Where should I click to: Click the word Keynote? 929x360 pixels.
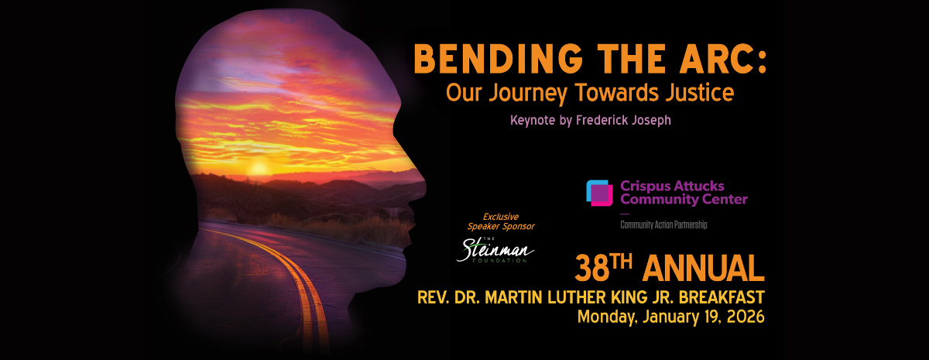pos(533,121)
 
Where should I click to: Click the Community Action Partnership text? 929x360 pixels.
pos(663,225)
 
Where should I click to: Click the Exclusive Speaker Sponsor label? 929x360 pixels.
pos(500,221)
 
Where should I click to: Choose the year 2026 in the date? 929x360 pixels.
pos(744,317)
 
